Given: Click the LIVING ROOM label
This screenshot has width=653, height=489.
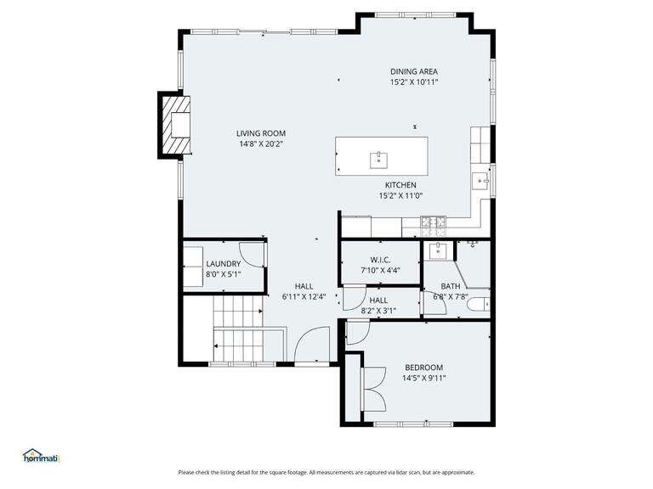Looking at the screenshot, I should coord(261,133).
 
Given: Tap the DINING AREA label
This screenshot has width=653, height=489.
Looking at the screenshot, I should coord(414,71).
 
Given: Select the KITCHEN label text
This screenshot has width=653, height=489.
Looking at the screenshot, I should coord(400,185).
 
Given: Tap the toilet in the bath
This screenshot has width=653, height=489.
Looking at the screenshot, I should coord(481,303).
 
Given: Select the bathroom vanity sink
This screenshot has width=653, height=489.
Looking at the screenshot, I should coord(439,250).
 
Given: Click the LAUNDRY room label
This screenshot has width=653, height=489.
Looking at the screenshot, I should coord(224,264).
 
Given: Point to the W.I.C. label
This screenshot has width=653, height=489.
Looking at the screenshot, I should coord(379,260).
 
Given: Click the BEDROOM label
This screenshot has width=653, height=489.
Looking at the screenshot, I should coord(423,368).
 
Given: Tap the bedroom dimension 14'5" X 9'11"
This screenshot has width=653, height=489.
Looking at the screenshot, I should coord(423,378).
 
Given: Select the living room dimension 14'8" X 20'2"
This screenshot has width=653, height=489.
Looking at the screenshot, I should coord(261,143).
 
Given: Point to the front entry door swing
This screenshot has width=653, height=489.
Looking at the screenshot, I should coord(310,347).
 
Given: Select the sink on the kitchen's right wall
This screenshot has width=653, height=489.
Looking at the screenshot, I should coord(481,180).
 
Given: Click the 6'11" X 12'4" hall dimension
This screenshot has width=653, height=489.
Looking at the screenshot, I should coord(304,297).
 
